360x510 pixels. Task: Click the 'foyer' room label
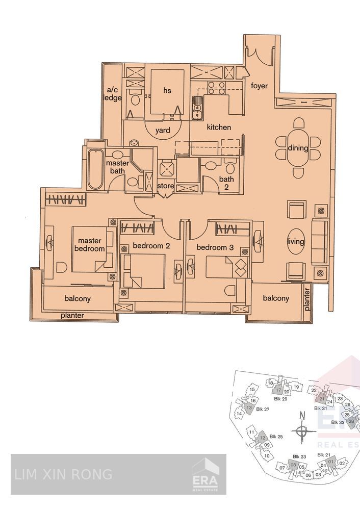tap(259, 86)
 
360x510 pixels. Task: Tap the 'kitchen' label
tap(218, 127)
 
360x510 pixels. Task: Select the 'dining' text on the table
tap(298, 149)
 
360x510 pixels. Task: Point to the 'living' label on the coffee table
tap(296, 242)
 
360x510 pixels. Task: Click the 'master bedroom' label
tap(89, 245)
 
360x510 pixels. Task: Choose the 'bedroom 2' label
tap(151, 246)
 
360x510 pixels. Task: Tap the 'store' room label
tap(165, 186)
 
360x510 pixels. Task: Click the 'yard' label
tap(163, 131)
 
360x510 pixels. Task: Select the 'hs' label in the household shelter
tap(167, 90)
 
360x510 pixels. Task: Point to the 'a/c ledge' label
tap(112, 94)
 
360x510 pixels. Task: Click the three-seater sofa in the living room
tap(319, 242)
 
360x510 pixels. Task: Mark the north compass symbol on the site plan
tap(302, 431)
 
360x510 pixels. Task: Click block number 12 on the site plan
tap(261, 438)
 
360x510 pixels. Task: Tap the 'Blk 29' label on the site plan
tap(281, 399)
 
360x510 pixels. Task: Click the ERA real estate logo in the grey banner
tap(204, 475)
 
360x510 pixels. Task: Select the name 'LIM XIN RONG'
tap(64, 474)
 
